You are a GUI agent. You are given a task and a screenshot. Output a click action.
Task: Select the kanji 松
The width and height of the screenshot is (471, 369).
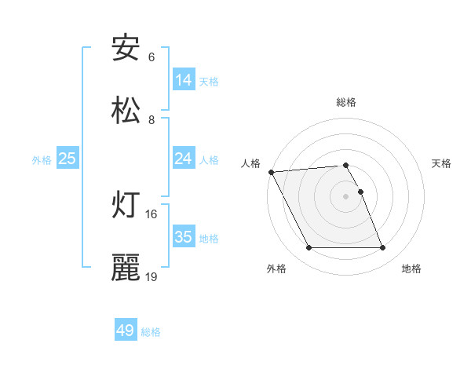click(x=126, y=111)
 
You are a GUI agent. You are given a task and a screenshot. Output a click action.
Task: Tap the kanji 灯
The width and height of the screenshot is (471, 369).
click(x=126, y=205)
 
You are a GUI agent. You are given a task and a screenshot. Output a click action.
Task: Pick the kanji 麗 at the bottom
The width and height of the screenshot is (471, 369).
click(x=126, y=268)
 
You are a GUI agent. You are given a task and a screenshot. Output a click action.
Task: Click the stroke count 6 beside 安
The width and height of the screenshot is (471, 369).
click(x=152, y=57)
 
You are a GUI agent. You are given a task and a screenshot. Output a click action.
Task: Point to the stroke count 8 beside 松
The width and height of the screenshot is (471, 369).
click(x=152, y=119)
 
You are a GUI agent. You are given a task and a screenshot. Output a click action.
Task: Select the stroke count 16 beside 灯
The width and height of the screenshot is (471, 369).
click(x=152, y=214)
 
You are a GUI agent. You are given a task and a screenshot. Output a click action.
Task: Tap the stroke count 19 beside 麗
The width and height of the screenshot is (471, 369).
click(x=152, y=276)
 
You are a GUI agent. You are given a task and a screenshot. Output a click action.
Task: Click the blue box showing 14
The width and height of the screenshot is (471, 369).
click(x=184, y=79)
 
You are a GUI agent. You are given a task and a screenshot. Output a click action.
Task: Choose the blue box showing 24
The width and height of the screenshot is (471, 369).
click(x=184, y=159)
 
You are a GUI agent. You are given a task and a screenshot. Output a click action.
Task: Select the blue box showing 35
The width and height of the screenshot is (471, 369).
click(x=184, y=236)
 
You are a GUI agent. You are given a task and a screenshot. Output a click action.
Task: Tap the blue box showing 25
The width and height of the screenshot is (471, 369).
click(x=68, y=159)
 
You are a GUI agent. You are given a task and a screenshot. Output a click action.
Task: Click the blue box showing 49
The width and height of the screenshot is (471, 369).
click(x=126, y=331)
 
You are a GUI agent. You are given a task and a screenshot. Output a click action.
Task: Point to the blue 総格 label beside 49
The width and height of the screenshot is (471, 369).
click(x=152, y=333)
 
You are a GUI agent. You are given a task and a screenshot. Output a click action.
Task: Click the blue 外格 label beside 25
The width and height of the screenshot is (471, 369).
click(x=42, y=160)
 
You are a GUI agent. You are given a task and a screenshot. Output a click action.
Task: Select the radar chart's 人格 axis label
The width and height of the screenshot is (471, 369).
click(x=250, y=163)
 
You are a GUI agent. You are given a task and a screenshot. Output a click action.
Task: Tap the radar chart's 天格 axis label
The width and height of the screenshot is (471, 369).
click(x=442, y=163)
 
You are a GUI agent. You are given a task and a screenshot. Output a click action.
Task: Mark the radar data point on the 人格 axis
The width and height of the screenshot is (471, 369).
click(x=271, y=172)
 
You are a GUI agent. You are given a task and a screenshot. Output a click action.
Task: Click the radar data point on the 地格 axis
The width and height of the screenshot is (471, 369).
click(x=382, y=248)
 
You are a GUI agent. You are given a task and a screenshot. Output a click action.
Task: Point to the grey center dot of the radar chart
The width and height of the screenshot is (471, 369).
click(x=345, y=196)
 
